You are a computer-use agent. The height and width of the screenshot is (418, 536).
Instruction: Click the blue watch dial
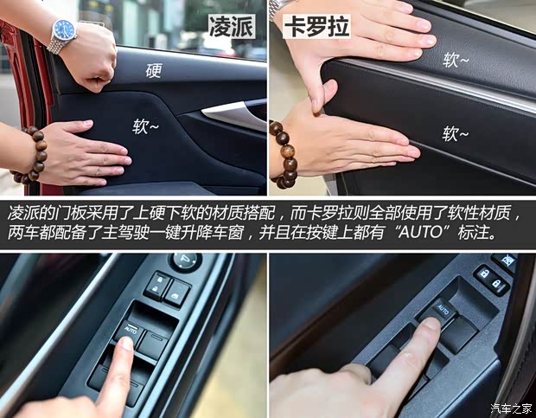click(64, 30)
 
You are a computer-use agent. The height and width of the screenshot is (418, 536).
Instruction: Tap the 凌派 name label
click(232, 26)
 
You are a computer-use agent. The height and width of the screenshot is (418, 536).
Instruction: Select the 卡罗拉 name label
click(316, 26)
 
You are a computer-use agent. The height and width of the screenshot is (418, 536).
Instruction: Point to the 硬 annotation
click(153, 70)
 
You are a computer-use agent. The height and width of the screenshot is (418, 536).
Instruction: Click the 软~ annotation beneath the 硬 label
click(145, 126)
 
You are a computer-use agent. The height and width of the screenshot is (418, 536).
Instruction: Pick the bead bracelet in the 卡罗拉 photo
click(284, 154)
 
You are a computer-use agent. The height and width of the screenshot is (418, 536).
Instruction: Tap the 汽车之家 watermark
click(511, 408)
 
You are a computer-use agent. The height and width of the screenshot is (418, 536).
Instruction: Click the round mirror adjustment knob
click(186, 262)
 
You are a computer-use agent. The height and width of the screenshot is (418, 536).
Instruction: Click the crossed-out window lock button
click(504, 262)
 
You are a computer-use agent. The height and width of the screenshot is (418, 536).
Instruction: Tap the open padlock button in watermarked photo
click(484, 274)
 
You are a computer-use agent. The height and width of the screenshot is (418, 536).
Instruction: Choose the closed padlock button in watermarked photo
click(498, 285)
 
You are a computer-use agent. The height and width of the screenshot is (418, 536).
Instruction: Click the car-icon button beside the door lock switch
click(177, 293)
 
